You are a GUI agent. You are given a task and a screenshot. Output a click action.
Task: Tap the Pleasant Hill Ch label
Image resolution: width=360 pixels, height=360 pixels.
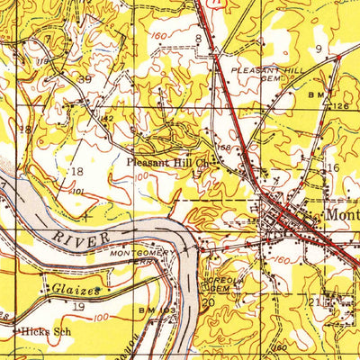[168, 163]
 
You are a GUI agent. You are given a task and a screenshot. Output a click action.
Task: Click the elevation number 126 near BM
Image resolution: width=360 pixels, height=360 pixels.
[338, 106]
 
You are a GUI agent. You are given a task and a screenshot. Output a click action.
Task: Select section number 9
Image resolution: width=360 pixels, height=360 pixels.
[318, 47]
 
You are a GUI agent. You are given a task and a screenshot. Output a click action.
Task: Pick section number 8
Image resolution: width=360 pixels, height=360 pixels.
[197, 37]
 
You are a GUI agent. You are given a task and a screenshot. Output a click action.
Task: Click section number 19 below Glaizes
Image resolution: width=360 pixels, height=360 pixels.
[77, 307]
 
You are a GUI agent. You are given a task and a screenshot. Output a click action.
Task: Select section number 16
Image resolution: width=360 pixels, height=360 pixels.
[332, 168]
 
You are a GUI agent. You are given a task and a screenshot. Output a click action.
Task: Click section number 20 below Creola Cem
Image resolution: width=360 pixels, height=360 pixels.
[208, 303]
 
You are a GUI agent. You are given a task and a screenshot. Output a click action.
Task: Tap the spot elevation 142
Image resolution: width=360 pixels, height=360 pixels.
[105, 118]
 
